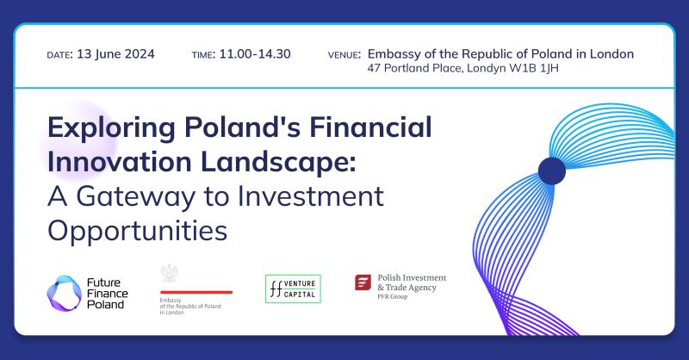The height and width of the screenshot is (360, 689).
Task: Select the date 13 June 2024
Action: (115, 54)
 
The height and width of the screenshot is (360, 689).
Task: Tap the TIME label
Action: (203, 55)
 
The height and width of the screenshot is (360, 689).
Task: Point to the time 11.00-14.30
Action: (255, 54)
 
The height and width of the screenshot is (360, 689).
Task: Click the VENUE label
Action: (344, 55)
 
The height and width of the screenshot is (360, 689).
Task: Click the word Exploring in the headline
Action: (109, 129)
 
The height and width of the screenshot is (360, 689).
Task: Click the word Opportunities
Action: (137, 230)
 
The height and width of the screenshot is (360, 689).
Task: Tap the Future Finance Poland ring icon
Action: (62, 292)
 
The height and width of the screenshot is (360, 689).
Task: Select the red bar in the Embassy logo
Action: (196, 292)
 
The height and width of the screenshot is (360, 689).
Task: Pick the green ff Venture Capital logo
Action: (293, 288)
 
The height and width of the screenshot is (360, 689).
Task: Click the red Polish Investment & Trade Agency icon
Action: (363, 282)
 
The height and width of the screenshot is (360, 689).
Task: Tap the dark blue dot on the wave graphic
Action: (551, 171)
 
